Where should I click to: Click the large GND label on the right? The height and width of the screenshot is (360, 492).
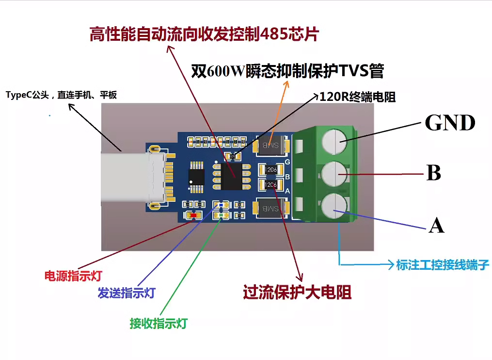pyautogui.click(x=450, y=123)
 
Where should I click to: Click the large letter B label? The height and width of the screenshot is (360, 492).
pyautogui.click(x=433, y=173)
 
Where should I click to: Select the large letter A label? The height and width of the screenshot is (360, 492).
pyautogui.click(x=436, y=225)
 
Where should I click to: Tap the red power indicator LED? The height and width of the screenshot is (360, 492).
pyautogui.click(x=193, y=215)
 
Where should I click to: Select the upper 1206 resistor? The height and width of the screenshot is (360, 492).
pyautogui.click(x=271, y=169)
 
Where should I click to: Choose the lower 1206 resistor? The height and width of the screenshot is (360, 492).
pyautogui.click(x=271, y=185)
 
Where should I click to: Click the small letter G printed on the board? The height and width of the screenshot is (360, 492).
pyautogui.click(x=287, y=162)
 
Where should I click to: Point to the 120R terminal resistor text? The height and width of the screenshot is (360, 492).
pyautogui.click(x=357, y=97)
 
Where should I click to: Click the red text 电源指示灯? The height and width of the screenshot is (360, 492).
pyautogui.click(x=73, y=276)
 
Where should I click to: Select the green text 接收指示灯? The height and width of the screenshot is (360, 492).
pyautogui.click(x=159, y=323)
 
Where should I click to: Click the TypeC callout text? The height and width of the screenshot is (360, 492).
pyautogui.click(x=61, y=95)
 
